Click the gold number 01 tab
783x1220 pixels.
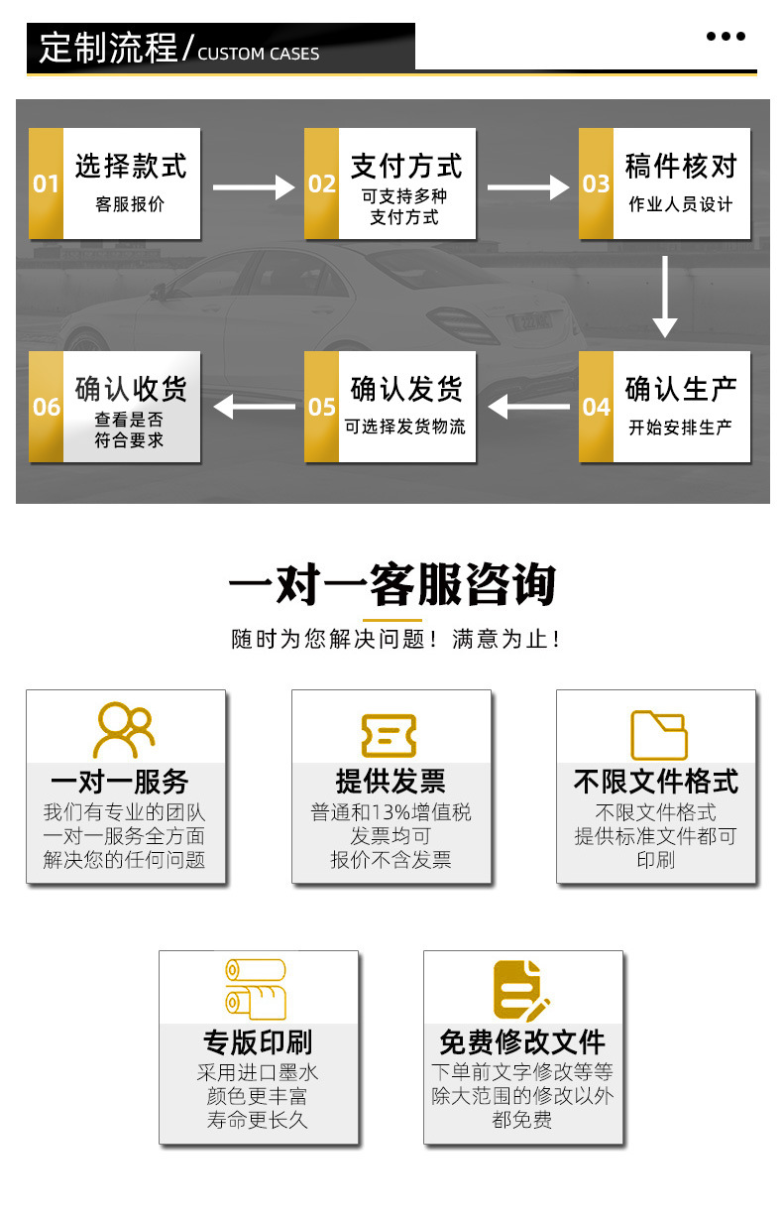coord(46,183)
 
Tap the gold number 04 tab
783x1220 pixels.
coord(596,407)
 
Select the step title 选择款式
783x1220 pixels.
coord(131,166)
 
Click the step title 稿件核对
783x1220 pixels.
coord(681,166)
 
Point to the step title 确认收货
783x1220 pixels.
coord(131,389)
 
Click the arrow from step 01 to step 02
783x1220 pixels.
coord(254,186)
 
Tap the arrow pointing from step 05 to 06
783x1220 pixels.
coord(254,406)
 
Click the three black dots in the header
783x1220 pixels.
coord(726,37)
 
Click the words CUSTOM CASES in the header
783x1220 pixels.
coord(259,54)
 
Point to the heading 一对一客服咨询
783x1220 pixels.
coord(391,585)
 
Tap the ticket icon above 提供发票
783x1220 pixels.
coord(389,736)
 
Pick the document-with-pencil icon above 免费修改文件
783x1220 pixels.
coord(520,990)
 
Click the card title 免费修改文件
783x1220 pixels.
coord(522,1042)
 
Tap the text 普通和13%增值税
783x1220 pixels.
coord(391,812)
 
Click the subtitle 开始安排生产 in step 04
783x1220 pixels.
coord(681,427)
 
